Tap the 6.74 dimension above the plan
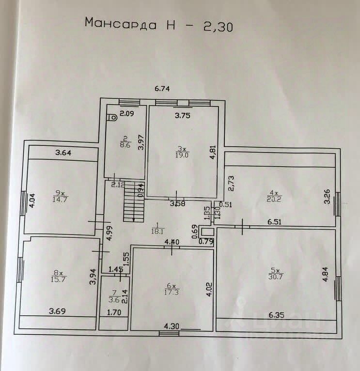coord(163,88)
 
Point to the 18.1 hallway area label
coord(157,231)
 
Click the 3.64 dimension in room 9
coord(63,154)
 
